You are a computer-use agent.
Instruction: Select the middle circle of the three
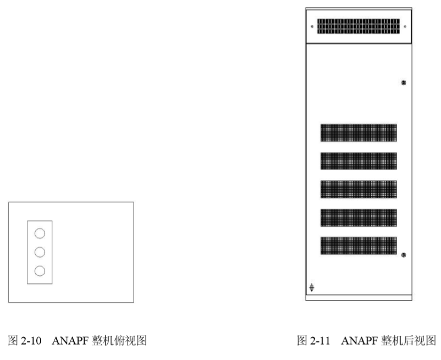(40, 252)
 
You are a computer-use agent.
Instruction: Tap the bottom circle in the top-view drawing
(40, 271)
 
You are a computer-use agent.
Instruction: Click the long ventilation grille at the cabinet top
(358, 26)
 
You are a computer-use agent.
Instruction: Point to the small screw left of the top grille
(312, 26)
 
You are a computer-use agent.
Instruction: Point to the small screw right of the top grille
(405, 26)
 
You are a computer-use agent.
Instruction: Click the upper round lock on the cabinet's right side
(403, 83)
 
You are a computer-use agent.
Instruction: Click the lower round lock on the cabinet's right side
(403, 255)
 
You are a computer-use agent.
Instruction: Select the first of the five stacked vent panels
(359, 133)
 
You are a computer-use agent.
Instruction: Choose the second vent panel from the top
(359, 161)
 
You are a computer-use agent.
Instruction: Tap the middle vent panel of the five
(359, 189)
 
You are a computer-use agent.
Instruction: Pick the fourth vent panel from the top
(359, 217)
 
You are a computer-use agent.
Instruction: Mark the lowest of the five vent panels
(359, 246)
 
